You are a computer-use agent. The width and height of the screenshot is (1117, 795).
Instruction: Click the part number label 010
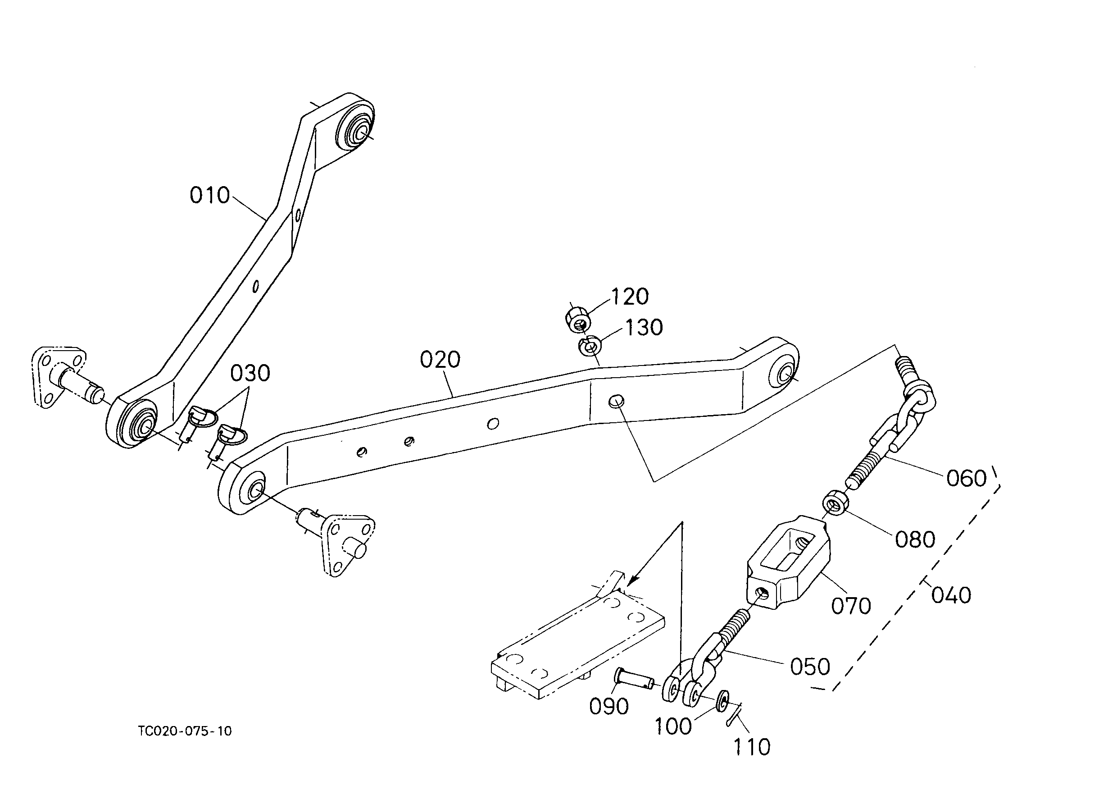tap(209, 195)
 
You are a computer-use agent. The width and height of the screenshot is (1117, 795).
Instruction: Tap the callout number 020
tap(440, 360)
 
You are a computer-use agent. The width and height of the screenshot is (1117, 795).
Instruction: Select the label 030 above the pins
tap(250, 374)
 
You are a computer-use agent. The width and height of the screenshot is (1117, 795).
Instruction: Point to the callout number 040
tap(951, 596)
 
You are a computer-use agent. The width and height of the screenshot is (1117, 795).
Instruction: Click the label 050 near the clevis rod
tap(810, 667)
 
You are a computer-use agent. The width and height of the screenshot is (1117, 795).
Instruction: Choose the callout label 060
tap(966, 479)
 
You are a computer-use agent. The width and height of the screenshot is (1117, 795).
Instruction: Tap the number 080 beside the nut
tap(915, 540)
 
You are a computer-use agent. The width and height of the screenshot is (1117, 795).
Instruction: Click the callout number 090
tap(608, 706)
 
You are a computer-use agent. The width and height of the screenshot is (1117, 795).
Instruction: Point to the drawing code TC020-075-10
tap(185, 731)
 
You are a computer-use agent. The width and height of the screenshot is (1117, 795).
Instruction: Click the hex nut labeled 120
tap(578, 319)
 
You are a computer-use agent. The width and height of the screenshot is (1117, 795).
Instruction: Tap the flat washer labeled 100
tap(722, 701)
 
